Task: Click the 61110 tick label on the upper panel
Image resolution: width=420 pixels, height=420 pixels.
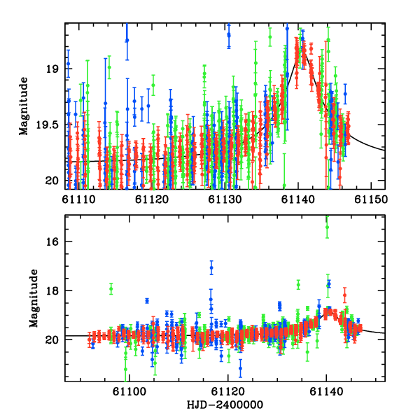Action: click(x=77, y=199)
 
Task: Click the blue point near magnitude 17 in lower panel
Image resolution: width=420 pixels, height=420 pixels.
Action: click(x=211, y=267)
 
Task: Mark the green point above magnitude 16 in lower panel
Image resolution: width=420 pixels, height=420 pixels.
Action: click(x=326, y=225)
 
